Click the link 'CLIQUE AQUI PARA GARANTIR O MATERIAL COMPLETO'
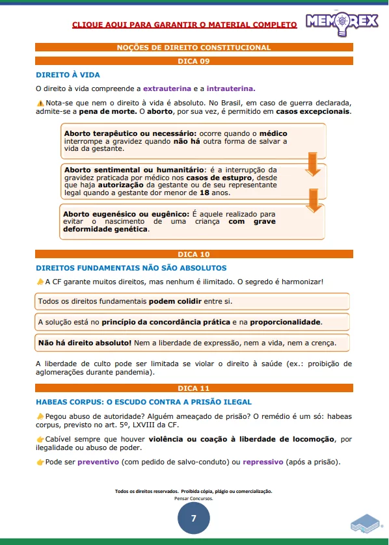click(185, 25)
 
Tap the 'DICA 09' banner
click(194, 61)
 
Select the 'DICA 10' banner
click(194, 254)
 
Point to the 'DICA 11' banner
click(194, 388)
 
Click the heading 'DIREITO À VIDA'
click(68, 75)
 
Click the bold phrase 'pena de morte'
click(107, 111)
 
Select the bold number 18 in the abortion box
click(204, 193)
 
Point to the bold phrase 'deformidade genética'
click(105, 229)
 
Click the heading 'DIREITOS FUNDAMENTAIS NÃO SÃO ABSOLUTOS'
click(131, 268)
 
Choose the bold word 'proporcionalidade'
click(285, 322)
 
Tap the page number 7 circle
click(193, 518)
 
